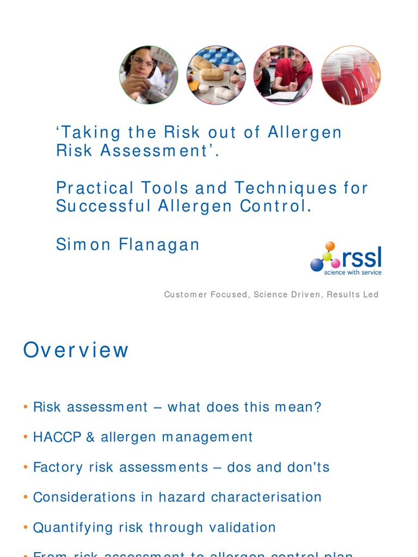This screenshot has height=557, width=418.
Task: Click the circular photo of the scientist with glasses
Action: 149,75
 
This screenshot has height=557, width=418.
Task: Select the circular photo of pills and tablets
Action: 216,75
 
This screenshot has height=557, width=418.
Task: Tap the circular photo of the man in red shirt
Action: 283,75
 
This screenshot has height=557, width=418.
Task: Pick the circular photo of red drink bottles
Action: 351,75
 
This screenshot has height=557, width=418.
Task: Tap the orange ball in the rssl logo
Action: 330,246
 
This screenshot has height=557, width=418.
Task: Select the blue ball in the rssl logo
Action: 316,265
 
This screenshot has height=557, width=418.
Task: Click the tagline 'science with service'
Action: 353,272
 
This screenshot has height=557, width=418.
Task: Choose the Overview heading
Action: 76,350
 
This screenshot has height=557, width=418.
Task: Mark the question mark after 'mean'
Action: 317,407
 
